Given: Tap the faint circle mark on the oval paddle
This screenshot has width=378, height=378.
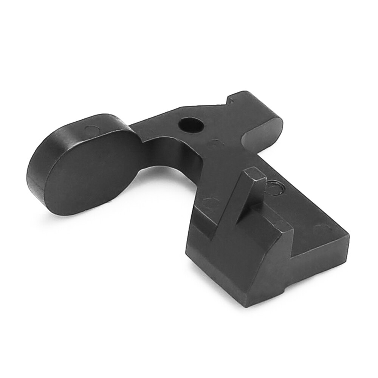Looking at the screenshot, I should click(90, 130).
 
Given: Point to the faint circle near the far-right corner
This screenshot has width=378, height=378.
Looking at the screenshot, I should click(322, 228).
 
